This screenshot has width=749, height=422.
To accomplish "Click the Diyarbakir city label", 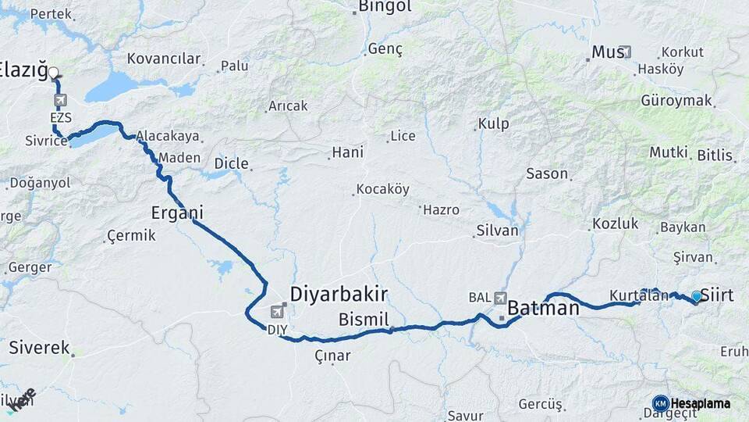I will click(x=339, y=294).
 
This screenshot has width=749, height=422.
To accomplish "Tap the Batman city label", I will click(x=543, y=309).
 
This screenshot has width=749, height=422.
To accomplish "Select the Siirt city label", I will click(x=717, y=295).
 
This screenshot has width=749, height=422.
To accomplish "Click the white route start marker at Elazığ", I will click(x=53, y=73).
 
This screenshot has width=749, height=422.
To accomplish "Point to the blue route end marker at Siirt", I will click(x=697, y=296).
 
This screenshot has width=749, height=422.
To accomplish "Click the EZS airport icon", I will click(x=61, y=101).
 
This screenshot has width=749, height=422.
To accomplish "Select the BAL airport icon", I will click(x=500, y=298).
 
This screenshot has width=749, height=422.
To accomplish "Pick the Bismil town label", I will click(x=364, y=320).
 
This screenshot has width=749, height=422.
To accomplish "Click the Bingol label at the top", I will click(x=384, y=7).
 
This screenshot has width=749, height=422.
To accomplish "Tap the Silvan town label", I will click(x=497, y=231).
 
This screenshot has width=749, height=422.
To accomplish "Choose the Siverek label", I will click(x=39, y=349).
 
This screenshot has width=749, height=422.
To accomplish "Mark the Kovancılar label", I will click(x=164, y=59).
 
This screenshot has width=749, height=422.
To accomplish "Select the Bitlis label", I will click(x=715, y=155).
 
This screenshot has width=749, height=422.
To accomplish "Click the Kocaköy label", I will click(x=382, y=189).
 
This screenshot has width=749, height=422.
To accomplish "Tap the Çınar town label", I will click(x=332, y=356).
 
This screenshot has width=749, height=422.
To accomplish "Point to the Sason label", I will click(x=547, y=173).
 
